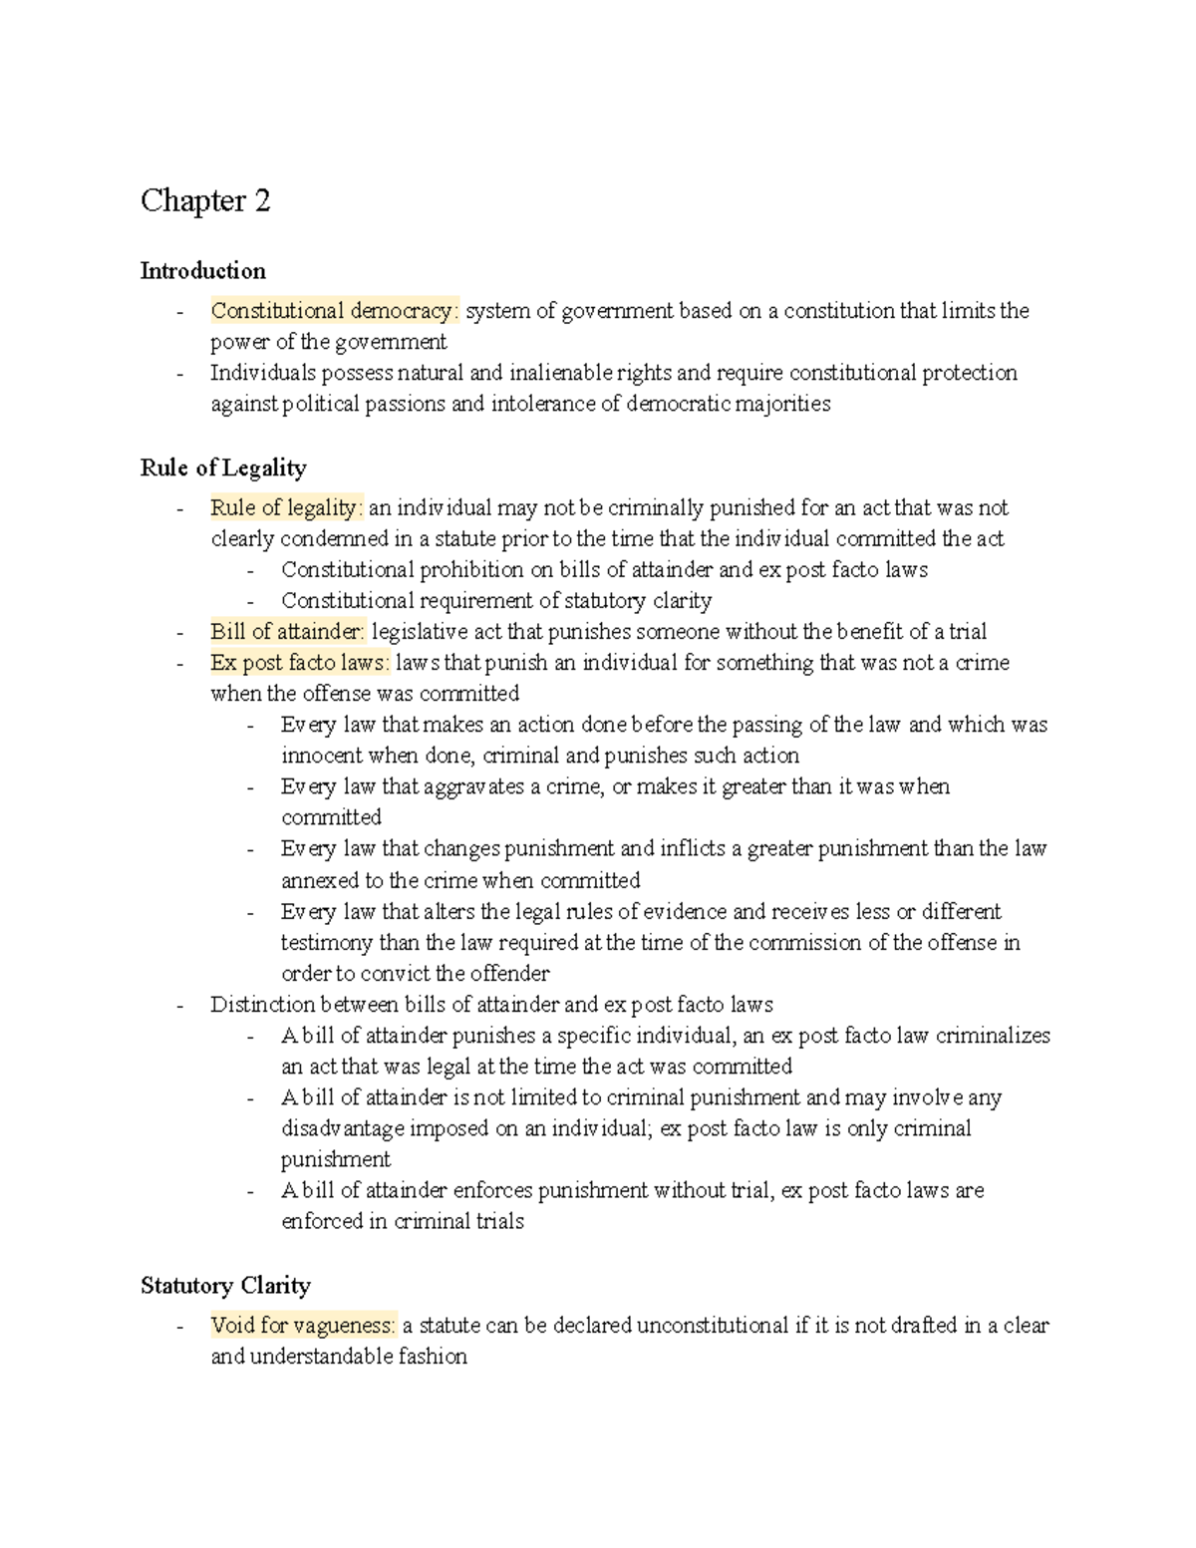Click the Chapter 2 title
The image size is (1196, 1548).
(x=205, y=201)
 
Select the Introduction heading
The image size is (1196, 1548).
(x=203, y=271)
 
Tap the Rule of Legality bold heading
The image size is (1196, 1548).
(x=223, y=467)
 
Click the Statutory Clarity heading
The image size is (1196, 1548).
(x=225, y=1285)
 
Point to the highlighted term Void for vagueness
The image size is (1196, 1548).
(x=303, y=1326)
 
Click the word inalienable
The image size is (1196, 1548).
(x=561, y=373)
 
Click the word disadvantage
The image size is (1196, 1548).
(x=342, y=1128)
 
